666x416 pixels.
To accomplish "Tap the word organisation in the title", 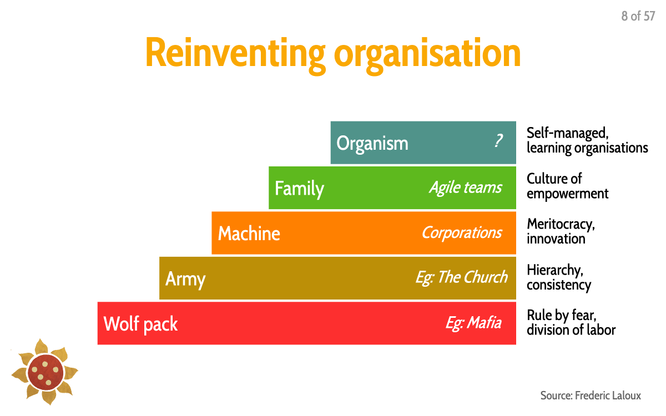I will pyautogui.click(x=427, y=54).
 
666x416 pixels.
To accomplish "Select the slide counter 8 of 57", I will pyautogui.click(x=638, y=16).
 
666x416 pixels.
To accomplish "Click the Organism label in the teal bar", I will pyautogui.click(x=372, y=144).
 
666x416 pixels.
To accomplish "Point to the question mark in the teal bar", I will pyautogui.click(x=498, y=142).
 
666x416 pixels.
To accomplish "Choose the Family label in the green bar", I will pyautogui.click(x=299, y=189).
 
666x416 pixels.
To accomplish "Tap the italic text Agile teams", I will pyautogui.click(x=465, y=187).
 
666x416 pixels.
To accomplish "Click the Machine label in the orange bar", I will pyautogui.click(x=249, y=234).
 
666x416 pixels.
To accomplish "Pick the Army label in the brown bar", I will pyautogui.click(x=185, y=279).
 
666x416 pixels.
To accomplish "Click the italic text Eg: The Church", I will pyautogui.click(x=461, y=277).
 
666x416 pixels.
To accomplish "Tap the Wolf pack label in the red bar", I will pyautogui.click(x=140, y=324).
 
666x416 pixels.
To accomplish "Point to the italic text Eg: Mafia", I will pyautogui.click(x=473, y=323).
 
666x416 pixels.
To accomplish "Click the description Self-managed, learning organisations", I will pyautogui.click(x=587, y=140).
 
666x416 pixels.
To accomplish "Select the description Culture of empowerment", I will pyautogui.click(x=567, y=186).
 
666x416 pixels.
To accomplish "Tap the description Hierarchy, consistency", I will pyautogui.click(x=558, y=277).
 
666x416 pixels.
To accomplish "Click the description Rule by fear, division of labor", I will pyautogui.click(x=571, y=323).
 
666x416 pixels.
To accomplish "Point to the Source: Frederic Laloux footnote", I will pyautogui.click(x=591, y=395).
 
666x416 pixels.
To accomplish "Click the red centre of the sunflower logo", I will pyautogui.click(x=45, y=370).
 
